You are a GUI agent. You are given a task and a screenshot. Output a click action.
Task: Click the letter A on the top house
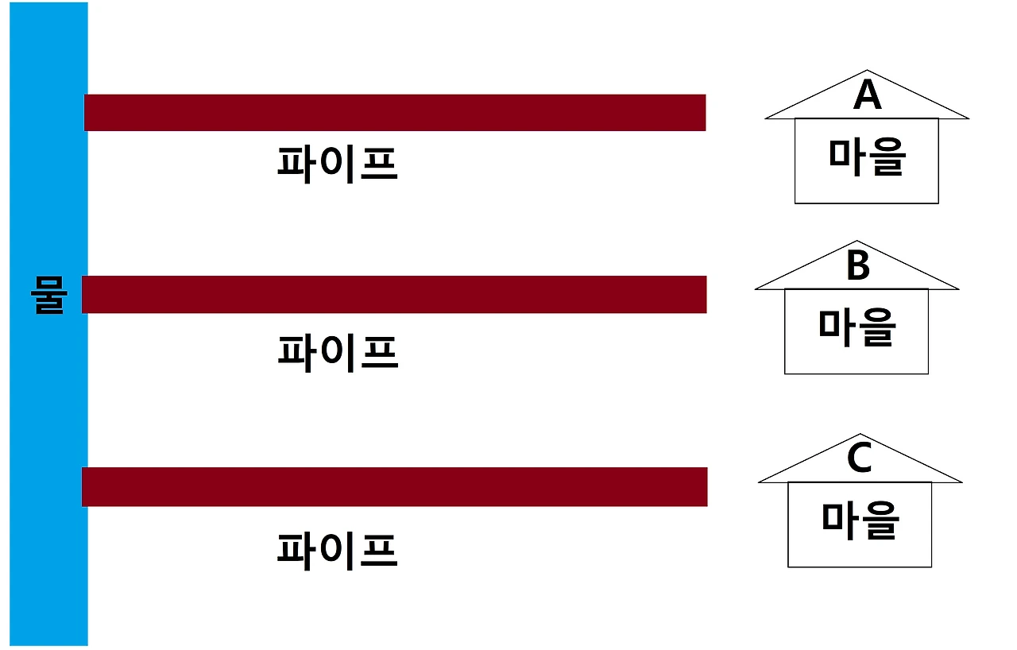coord(867,96)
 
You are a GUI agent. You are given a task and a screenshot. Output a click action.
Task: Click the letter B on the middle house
coord(857,267)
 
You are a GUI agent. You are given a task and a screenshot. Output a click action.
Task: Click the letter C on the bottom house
coord(860,459)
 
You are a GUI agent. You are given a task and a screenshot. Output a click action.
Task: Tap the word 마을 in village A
coord(867,157)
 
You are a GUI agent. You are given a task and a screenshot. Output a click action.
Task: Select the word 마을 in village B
coord(857,327)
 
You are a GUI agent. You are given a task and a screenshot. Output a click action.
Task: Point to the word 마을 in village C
coord(860,520)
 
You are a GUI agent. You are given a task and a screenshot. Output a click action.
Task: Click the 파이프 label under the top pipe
coord(337,164)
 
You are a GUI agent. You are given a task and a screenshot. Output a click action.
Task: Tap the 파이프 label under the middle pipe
coord(337,352)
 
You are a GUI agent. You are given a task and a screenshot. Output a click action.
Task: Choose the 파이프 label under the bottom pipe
coord(337,550)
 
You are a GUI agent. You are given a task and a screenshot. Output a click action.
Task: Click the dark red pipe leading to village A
coord(395,112)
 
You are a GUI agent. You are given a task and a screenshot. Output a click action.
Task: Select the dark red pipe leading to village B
coord(394,294)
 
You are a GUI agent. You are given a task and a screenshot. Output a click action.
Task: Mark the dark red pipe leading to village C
coord(394,486)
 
